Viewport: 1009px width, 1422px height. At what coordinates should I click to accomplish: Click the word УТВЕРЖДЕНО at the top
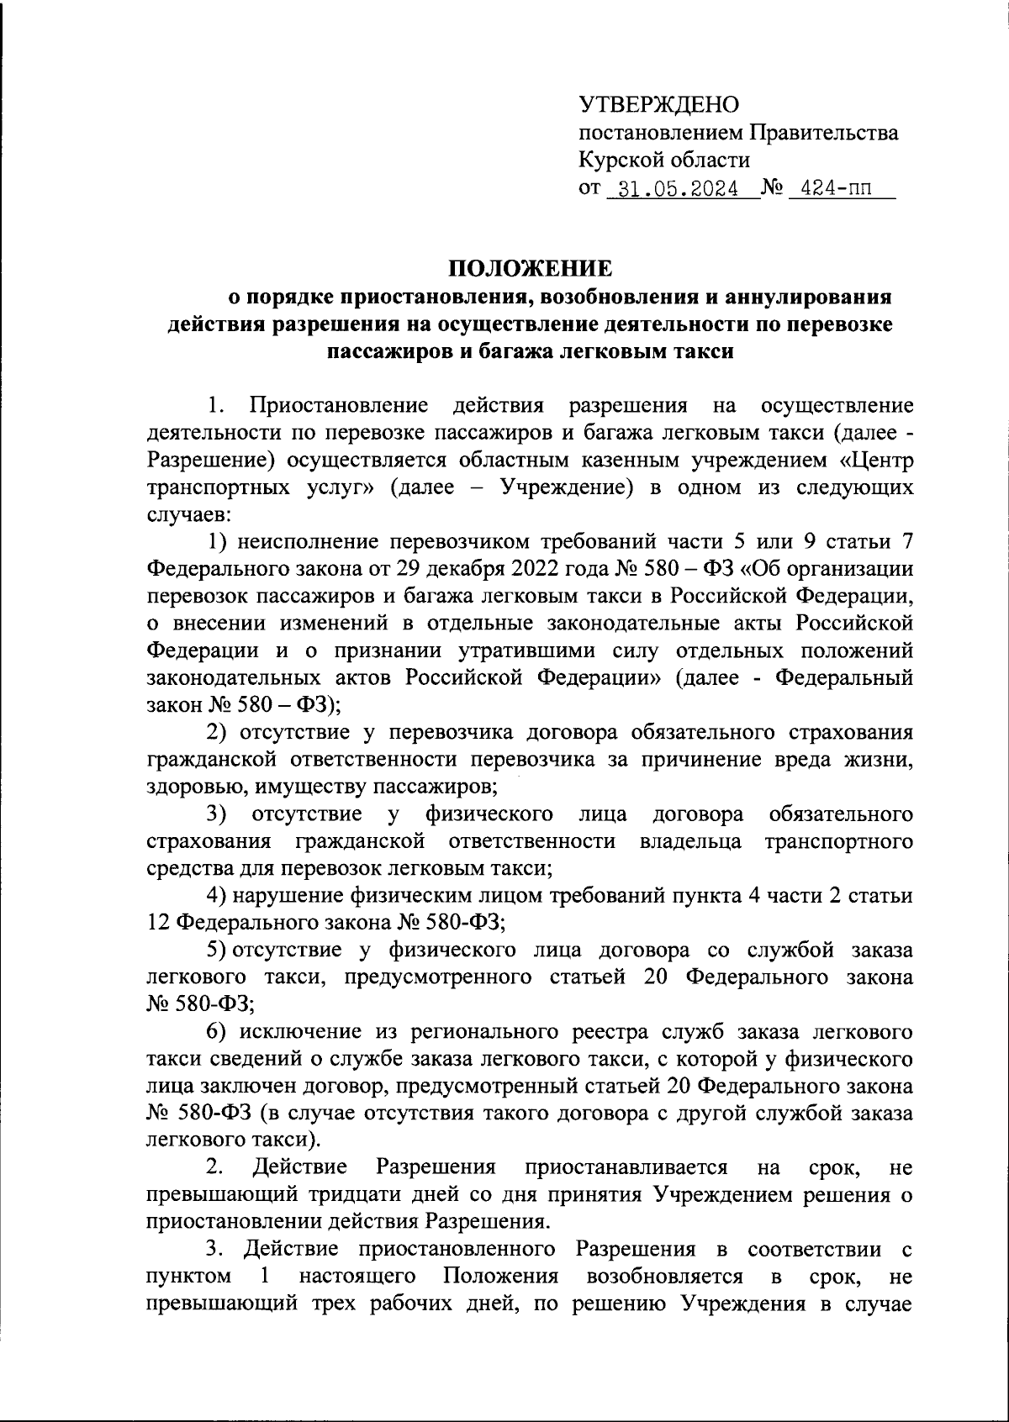[659, 104]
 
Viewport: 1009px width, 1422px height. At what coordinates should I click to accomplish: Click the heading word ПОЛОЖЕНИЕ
[531, 269]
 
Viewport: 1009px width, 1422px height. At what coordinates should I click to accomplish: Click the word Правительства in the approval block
[823, 132]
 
